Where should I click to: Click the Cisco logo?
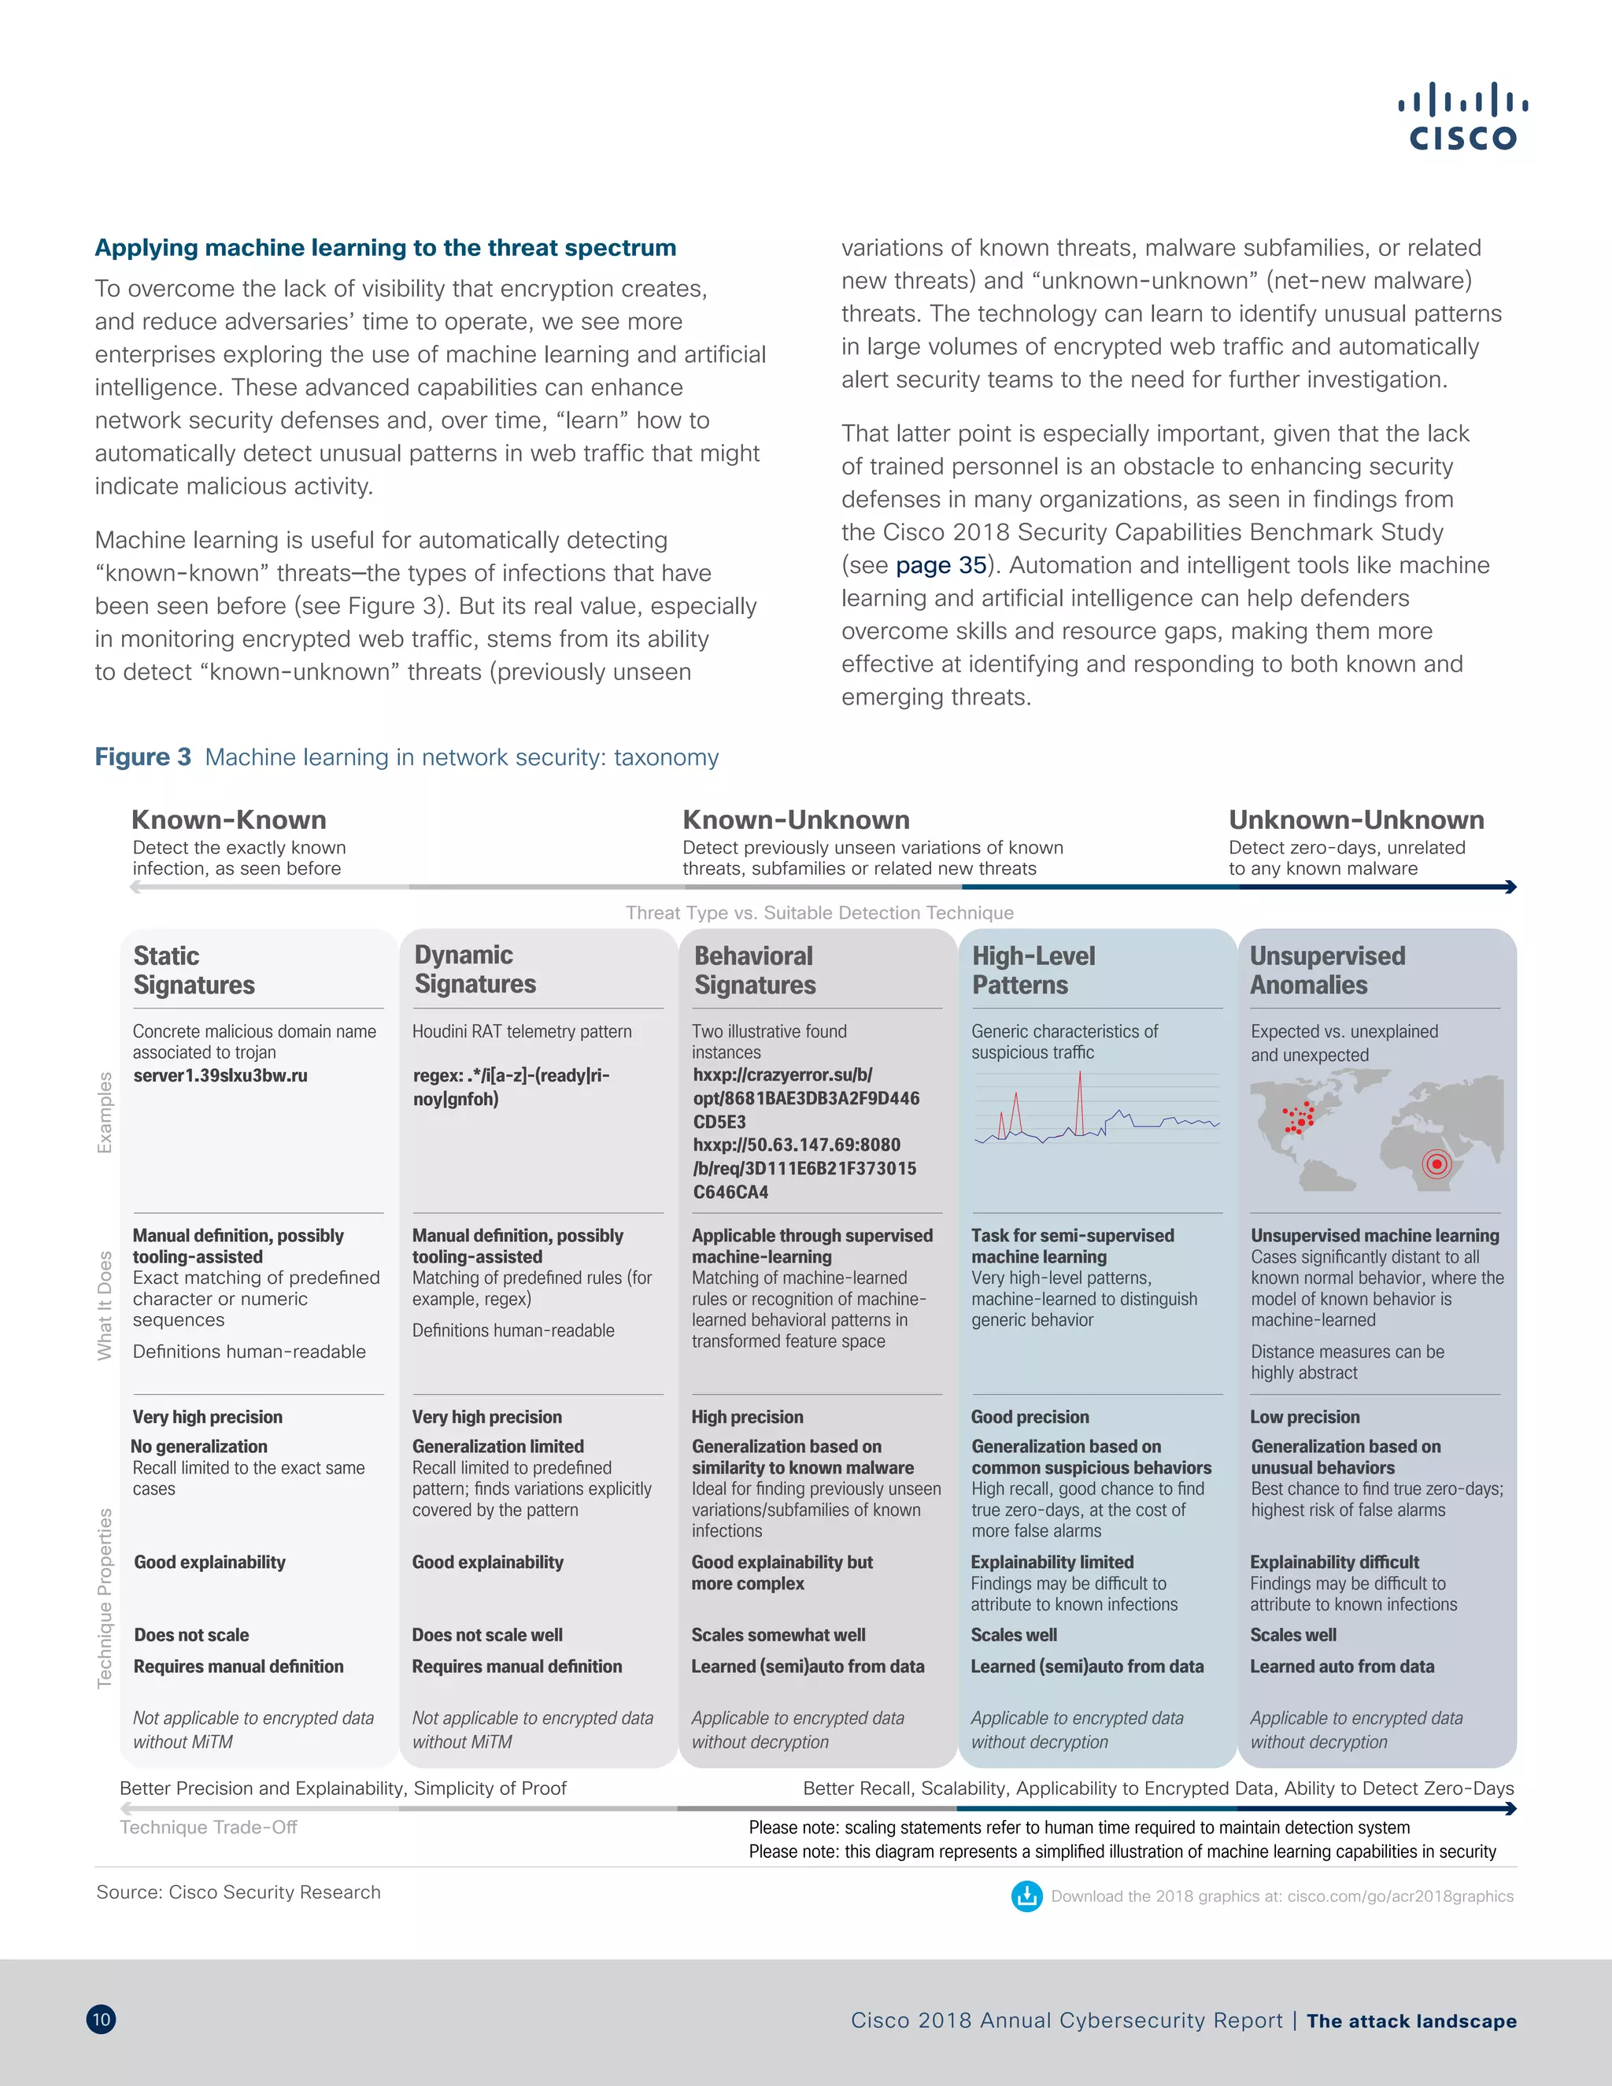1462,117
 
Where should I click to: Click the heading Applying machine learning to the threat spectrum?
385,247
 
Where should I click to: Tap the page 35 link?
941,565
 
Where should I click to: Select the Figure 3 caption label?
142,757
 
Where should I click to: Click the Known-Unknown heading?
796,819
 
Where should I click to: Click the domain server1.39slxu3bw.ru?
220,1075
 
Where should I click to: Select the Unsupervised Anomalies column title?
1326,970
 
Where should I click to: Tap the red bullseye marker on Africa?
1436,1163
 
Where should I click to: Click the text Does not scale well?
487,1634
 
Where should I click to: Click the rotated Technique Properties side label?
105,1598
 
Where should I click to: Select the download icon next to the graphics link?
1026,1896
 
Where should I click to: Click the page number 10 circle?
102,2019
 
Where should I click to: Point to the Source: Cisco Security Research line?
238,1892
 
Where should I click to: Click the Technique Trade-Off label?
208,1827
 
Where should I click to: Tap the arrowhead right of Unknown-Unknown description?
1510,887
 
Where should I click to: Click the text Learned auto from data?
1342,1666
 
